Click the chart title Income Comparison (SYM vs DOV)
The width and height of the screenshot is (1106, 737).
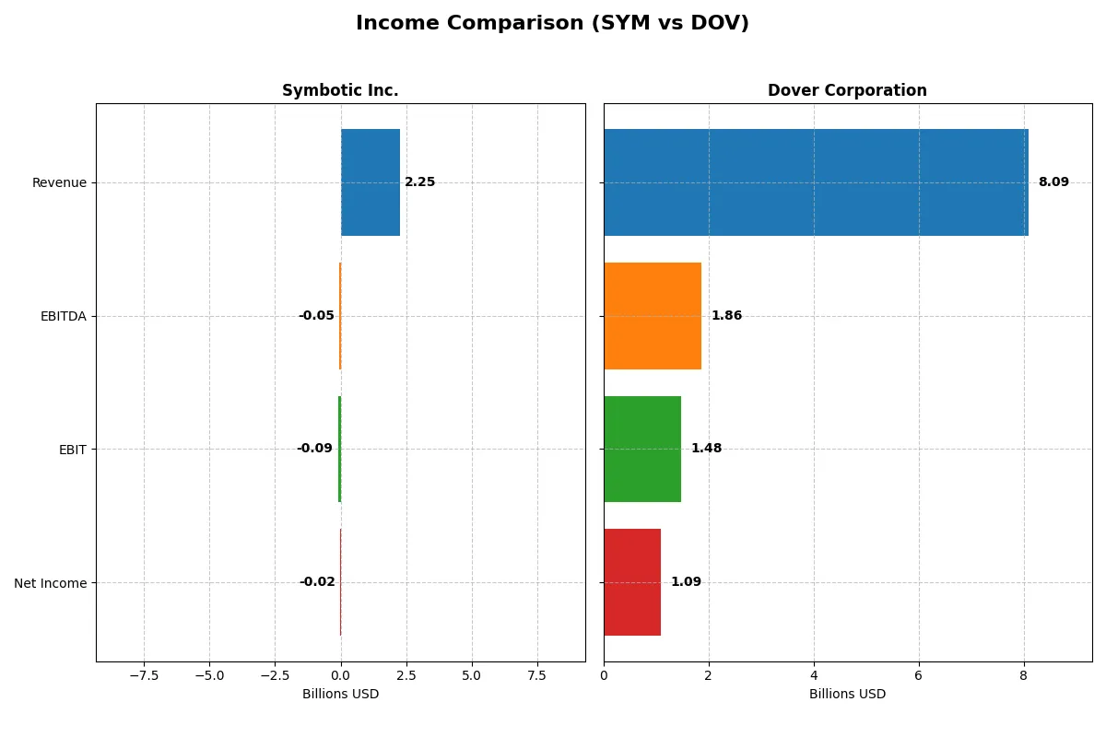pyautogui.click(x=552, y=24)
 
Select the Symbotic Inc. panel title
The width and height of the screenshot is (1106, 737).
pyautogui.click(x=340, y=90)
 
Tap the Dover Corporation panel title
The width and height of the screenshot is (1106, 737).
pyautogui.click(x=847, y=90)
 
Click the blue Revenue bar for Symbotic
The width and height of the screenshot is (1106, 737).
pyautogui.click(x=371, y=182)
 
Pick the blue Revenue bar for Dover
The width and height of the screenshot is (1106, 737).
pyautogui.click(x=816, y=182)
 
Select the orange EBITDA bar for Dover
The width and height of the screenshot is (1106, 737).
pyautogui.click(x=653, y=316)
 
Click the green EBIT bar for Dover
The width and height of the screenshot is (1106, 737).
pyautogui.click(x=642, y=449)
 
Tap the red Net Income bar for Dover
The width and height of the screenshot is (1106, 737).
pyautogui.click(x=632, y=582)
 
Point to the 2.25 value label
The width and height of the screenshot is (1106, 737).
pyautogui.click(x=419, y=182)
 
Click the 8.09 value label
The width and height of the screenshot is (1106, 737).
pyautogui.click(x=1053, y=182)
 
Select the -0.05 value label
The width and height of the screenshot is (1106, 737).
pyautogui.click(x=316, y=316)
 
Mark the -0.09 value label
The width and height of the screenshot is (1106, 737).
pyautogui.click(x=314, y=449)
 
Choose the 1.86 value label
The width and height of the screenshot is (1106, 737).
pyautogui.click(x=726, y=316)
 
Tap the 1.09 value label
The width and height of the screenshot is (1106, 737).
pyautogui.click(x=686, y=582)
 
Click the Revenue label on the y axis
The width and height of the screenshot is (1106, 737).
pyautogui.click(x=59, y=182)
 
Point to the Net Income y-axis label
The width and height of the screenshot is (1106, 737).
pyautogui.click(x=51, y=583)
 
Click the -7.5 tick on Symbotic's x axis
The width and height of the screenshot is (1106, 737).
pyautogui.click(x=144, y=674)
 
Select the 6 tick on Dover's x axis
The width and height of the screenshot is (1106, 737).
pyautogui.click(x=918, y=674)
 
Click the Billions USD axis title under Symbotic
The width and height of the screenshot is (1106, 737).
pyautogui.click(x=340, y=695)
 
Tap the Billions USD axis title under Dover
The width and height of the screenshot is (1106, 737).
pyautogui.click(x=847, y=695)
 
